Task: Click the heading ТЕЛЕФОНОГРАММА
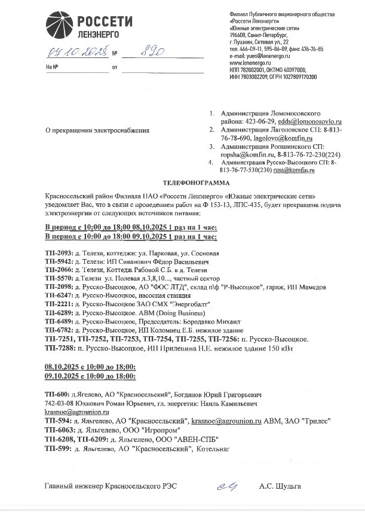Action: (x=190, y=182)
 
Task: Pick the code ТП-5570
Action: (x=58, y=279)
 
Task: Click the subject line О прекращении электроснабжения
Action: (x=98, y=130)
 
